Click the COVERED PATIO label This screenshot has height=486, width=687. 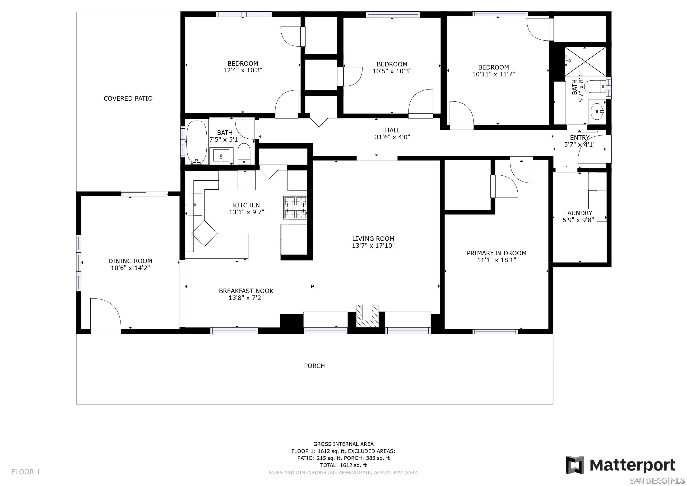pos(128,98)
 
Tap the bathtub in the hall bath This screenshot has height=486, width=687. pos(197,142)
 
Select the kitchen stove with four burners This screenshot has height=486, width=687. pos(295,207)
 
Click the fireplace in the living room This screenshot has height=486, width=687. pos(367,316)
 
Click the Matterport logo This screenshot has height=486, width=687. pos(621,465)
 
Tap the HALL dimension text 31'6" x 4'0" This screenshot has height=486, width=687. pos(392,137)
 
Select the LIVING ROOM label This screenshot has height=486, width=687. pos(373,238)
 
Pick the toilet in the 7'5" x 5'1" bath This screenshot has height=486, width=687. pos(244,154)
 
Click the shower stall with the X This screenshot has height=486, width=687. pos(585,61)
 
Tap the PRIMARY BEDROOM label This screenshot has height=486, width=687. pos(497,253)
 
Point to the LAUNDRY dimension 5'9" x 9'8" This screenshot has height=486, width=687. pos(578,220)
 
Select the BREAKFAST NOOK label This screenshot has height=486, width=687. pos(246,291)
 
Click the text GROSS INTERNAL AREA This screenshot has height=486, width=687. pos(343,444)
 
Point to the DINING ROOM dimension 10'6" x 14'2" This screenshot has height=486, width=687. pos(130,268)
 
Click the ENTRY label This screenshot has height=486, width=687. pos(580,138)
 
